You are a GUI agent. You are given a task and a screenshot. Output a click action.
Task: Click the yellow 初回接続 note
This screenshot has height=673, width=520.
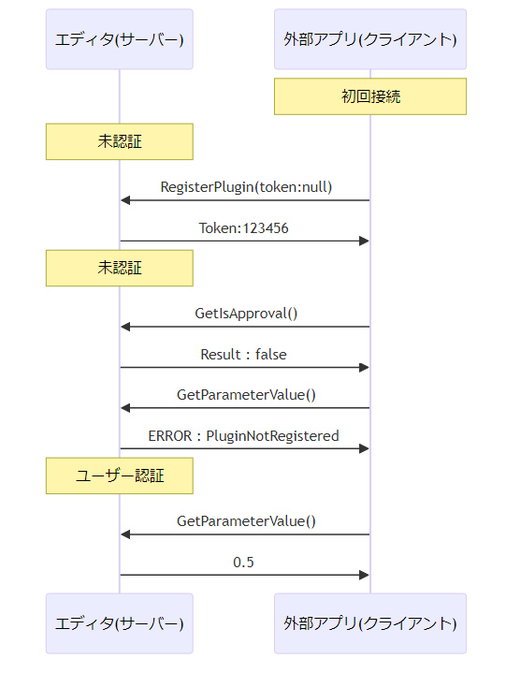click(x=370, y=96)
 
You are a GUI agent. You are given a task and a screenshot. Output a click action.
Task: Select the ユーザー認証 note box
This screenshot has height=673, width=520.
click(x=120, y=475)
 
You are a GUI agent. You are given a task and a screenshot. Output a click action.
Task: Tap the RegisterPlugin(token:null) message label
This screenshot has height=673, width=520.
click(x=246, y=187)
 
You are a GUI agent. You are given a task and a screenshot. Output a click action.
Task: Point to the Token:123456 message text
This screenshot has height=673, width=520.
click(x=243, y=227)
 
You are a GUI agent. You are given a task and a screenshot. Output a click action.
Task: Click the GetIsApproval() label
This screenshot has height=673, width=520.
click(x=246, y=314)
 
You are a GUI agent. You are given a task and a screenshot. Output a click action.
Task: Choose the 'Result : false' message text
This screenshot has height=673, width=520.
click(x=243, y=355)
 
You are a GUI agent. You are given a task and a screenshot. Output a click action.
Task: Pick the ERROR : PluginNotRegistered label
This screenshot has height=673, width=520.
click(x=243, y=435)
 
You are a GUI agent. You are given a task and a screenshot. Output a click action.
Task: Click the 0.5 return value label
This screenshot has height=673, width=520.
click(x=243, y=563)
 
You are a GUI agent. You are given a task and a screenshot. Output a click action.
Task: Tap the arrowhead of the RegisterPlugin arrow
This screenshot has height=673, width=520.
click(x=124, y=200)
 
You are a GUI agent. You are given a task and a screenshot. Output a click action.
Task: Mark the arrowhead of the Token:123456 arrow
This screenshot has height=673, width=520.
click(x=365, y=241)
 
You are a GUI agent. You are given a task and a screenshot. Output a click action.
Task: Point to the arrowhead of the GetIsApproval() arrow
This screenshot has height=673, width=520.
click(x=124, y=327)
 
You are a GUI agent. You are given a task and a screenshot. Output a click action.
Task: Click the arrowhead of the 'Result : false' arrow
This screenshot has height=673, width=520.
click(x=365, y=368)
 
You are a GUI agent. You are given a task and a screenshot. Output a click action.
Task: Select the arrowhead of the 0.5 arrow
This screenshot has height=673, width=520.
click(x=365, y=575)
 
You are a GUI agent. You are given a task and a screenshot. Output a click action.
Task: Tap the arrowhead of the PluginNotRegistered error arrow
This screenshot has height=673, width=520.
click(x=365, y=448)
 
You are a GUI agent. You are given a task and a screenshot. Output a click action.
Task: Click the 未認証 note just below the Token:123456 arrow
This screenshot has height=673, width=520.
click(x=120, y=269)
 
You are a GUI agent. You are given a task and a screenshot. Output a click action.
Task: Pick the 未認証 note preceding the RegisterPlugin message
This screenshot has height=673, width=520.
click(x=120, y=141)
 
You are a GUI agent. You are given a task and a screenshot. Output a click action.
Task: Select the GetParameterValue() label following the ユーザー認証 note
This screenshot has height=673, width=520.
click(x=246, y=521)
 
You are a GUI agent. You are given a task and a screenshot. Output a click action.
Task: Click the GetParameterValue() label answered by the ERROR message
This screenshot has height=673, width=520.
click(x=246, y=395)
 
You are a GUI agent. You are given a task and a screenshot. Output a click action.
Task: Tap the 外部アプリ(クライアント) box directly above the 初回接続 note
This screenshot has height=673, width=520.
click(x=370, y=39)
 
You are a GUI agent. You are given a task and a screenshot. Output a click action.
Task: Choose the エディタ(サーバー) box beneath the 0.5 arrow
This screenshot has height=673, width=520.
click(x=120, y=623)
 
